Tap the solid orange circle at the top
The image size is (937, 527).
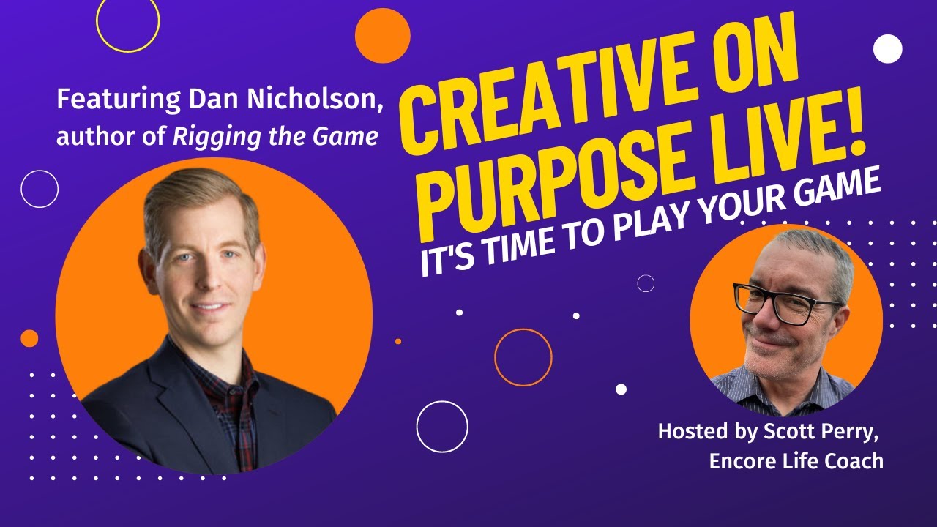tap(383, 36)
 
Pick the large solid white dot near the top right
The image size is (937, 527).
tap(888, 49)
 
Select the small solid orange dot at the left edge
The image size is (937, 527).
tap(29, 338)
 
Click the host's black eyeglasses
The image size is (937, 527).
tap(786, 304)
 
